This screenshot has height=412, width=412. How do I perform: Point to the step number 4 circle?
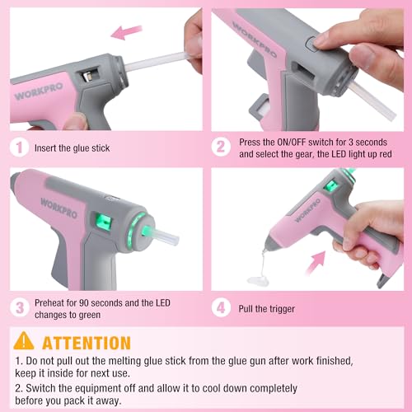(220, 307)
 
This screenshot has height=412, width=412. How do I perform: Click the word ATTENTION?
(86, 342)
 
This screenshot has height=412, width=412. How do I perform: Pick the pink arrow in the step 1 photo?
(127, 32)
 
